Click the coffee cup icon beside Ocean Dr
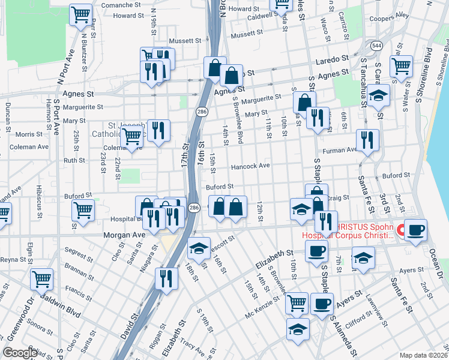tap(415, 230)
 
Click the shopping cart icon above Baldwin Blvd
tap(41, 278)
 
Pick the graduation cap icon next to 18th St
tap(198, 248)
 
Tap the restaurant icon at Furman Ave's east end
tap(367, 140)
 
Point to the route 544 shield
tap(376, 46)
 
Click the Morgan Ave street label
tap(125, 235)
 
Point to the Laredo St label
tap(333, 59)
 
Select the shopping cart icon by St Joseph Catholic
tap(131, 136)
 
